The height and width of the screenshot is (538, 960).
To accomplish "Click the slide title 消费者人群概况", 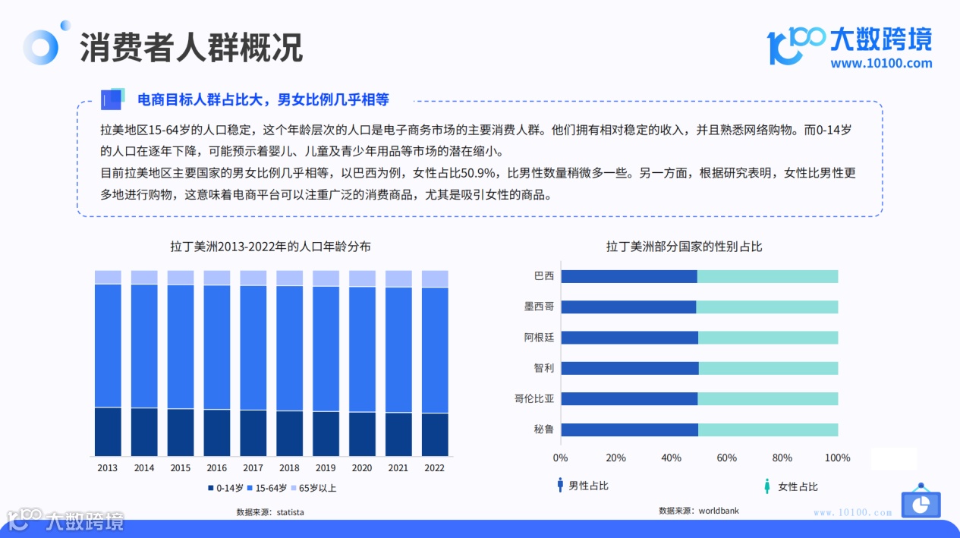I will [190, 47].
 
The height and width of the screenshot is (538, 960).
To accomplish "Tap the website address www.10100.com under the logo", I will [881, 64].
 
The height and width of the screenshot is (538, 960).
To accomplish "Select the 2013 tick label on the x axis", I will [108, 468].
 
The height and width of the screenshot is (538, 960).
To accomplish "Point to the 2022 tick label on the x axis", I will [434, 468].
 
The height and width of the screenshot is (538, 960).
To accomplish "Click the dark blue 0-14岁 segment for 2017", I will [253, 433].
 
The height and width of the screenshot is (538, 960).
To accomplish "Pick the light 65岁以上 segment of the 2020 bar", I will [362, 278].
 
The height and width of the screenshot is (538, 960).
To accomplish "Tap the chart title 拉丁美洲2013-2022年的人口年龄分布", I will [271, 247].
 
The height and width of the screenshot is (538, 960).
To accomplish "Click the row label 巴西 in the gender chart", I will [544, 276].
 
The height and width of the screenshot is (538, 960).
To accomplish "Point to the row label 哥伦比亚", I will [534, 399].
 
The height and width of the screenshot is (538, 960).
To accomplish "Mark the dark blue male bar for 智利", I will [630, 368].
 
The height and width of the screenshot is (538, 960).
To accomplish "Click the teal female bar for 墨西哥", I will [766, 307].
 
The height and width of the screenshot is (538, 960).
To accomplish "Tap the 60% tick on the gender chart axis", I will [726, 458].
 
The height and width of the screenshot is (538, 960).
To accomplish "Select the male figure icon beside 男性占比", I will [560, 486].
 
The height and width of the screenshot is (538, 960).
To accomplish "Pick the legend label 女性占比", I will [798, 486].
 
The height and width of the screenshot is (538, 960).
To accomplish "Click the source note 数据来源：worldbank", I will [698, 511].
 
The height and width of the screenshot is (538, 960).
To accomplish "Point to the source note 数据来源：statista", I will [270, 512].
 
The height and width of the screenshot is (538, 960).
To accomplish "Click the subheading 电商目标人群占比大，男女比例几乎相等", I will [263, 99].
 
